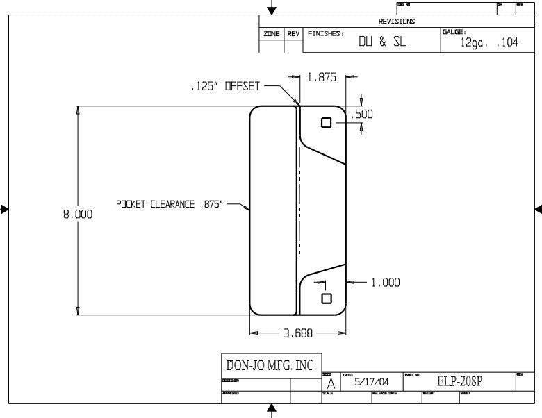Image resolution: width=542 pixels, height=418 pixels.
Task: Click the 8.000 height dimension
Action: click(x=78, y=215)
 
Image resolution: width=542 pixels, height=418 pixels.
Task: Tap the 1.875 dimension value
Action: click(x=322, y=78)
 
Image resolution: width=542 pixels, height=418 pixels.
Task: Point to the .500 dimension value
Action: click(x=363, y=115)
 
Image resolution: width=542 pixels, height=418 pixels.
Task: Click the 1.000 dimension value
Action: click(x=385, y=283)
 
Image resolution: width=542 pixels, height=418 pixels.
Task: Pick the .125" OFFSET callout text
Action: click(x=224, y=87)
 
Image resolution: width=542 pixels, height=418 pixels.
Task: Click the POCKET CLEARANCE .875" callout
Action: click(x=170, y=205)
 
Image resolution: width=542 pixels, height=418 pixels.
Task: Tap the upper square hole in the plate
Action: click(x=327, y=123)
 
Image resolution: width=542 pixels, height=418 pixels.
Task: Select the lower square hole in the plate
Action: click(x=326, y=299)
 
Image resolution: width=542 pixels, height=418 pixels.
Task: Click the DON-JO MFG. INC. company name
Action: click(x=270, y=365)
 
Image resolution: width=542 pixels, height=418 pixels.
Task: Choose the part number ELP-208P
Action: click(x=459, y=381)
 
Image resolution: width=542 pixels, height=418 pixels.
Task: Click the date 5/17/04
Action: click(x=372, y=382)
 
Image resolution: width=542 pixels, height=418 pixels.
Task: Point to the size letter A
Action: click(x=331, y=383)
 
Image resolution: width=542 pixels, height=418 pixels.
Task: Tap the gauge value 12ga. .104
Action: click(x=489, y=42)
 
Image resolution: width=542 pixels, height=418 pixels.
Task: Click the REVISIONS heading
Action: click(x=397, y=22)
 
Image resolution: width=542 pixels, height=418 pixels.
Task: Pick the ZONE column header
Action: click(x=271, y=33)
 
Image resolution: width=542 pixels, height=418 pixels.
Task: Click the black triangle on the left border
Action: click(x=5, y=208)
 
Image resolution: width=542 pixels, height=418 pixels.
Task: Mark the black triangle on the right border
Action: click(x=538, y=208)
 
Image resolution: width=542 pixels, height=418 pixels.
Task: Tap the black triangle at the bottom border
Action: click(x=272, y=409)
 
